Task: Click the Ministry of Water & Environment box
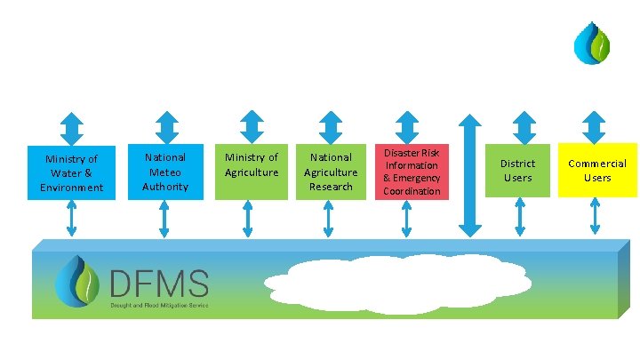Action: (71, 172)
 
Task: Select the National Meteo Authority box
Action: (165, 172)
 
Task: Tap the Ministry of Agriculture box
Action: (252, 171)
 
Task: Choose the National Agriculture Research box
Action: (331, 172)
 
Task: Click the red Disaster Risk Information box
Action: (412, 172)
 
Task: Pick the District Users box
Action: (517, 171)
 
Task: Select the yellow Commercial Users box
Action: (597, 170)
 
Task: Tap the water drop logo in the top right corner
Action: (592, 44)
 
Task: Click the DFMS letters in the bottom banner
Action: (159, 284)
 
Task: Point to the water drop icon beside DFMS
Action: (77, 282)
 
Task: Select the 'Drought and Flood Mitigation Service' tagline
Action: (159, 305)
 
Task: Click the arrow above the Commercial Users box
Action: (596, 125)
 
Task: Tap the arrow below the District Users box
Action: (520, 217)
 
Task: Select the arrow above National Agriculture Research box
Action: (329, 125)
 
